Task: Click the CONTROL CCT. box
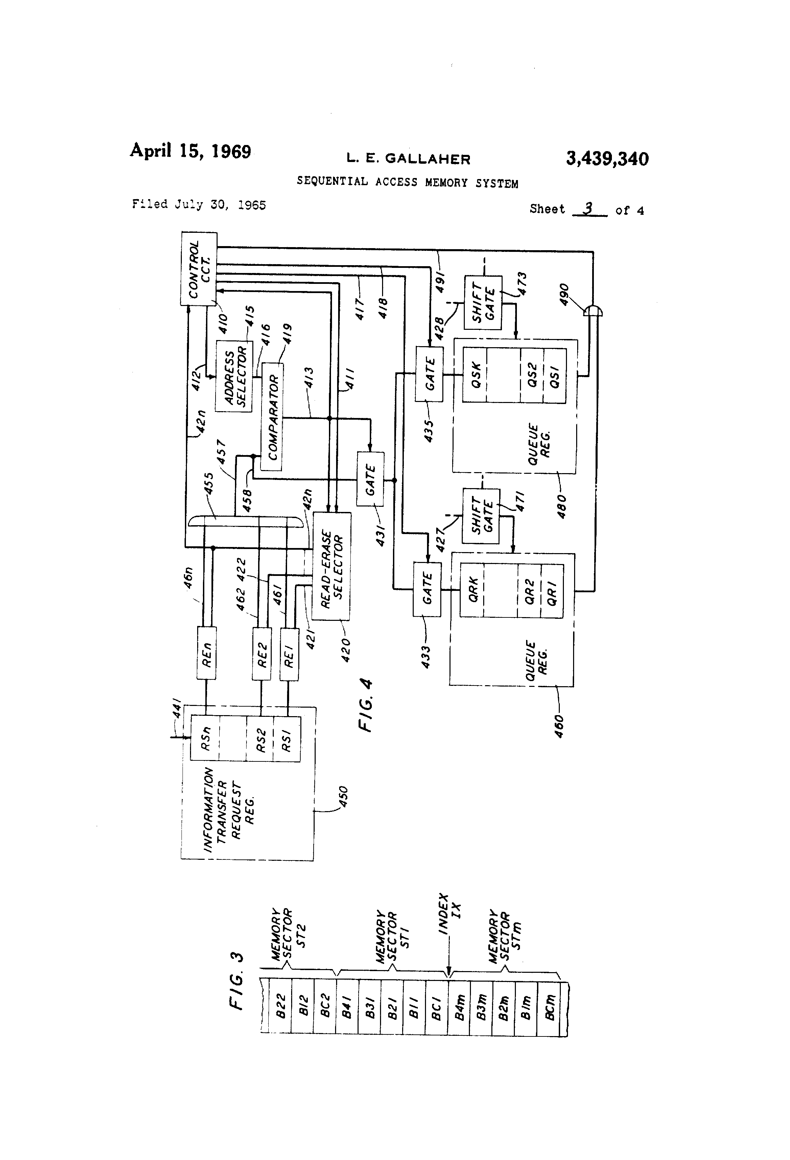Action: [199, 269]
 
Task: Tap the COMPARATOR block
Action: [272, 417]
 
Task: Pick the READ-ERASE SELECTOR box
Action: [332, 566]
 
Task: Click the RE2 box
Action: [262, 654]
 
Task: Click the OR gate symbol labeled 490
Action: [593, 311]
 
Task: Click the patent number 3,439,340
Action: [607, 159]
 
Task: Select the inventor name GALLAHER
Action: [427, 159]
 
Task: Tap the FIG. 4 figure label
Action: [366, 704]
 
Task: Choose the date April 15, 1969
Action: [190, 151]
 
